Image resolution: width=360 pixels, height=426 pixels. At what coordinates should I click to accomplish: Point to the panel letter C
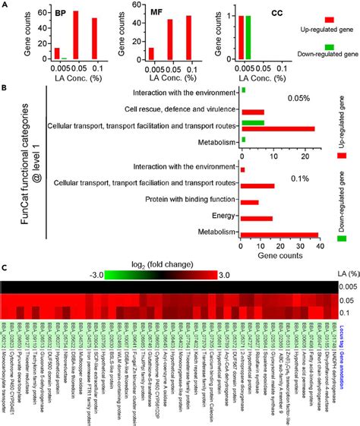[x=5, y=267]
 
